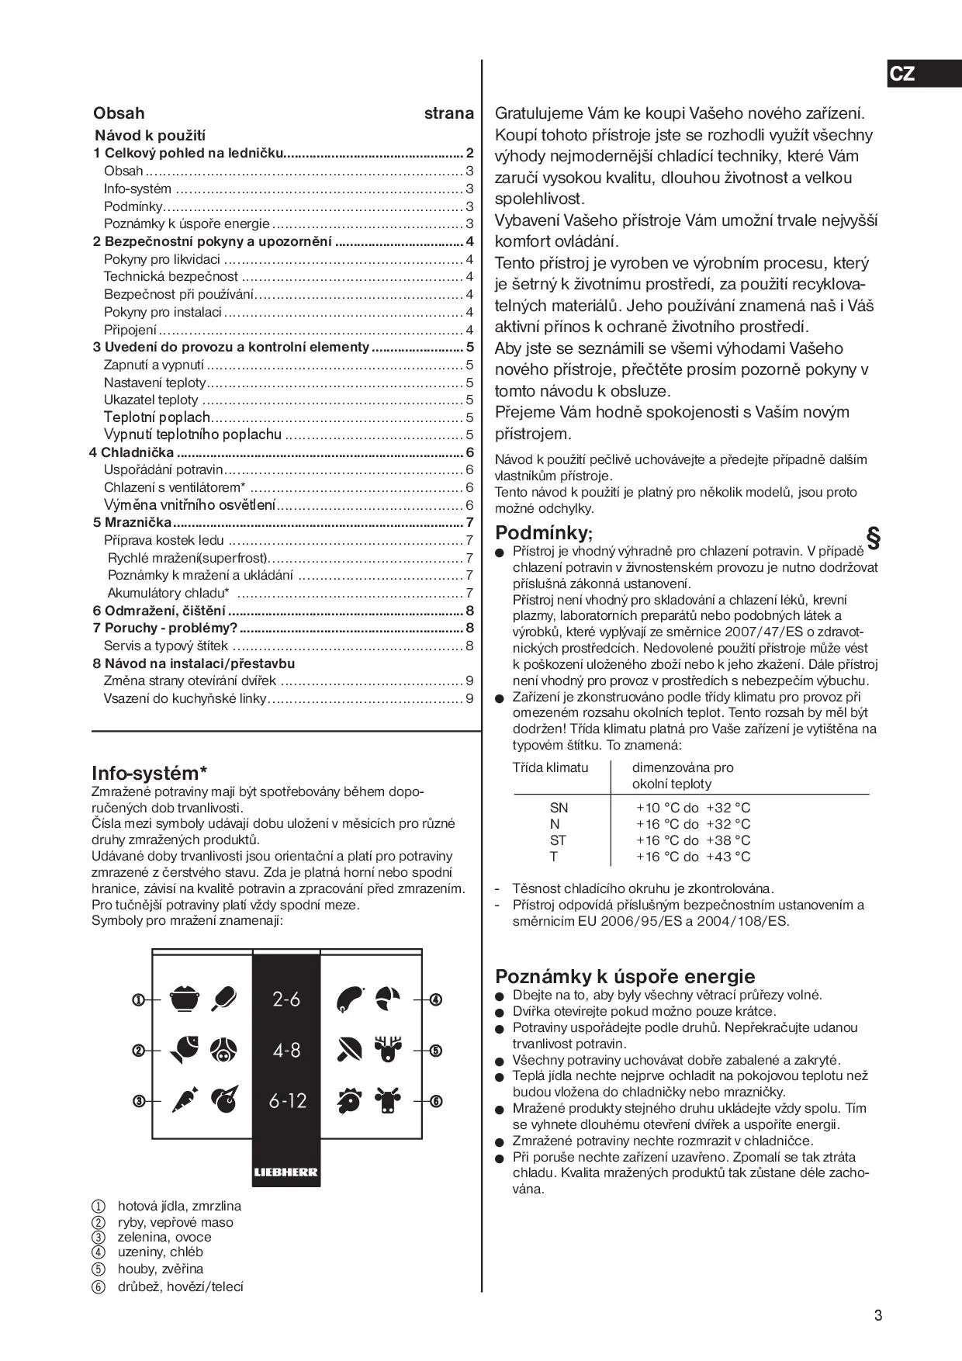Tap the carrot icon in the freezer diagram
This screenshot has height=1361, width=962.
pyautogui.click(x=184, y=1100)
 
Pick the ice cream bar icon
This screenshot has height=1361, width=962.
pyautogui.click(x=225, y=998)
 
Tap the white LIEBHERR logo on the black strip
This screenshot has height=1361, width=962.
pyautogui.click(x=285, y=1172)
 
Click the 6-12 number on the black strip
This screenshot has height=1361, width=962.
pyautogui.click(x=287, y=1100)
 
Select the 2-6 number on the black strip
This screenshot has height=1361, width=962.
pyautogui.click(x=286, y=999)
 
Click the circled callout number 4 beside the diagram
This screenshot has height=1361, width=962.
pyautogui.click(x=436, y=999)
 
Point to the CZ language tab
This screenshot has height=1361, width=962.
pyautogui.click(x=901, y=74)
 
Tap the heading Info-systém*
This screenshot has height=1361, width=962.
pyautogui.click(x=149, y=773)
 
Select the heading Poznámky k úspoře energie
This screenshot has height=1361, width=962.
pyautogui.click(x=625, y=975)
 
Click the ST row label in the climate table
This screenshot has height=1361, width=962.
pyautogui.click(x=558, y=840)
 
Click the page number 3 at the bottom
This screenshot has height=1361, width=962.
pyautogui.click(x=877, y=1315)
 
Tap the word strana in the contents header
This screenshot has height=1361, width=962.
pyautogui.click(x=448, y=113)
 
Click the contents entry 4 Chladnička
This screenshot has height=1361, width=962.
pyautogui.click(x=132, y=452)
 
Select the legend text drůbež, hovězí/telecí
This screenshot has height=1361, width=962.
pyautogui.click(x=180, y=1287)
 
